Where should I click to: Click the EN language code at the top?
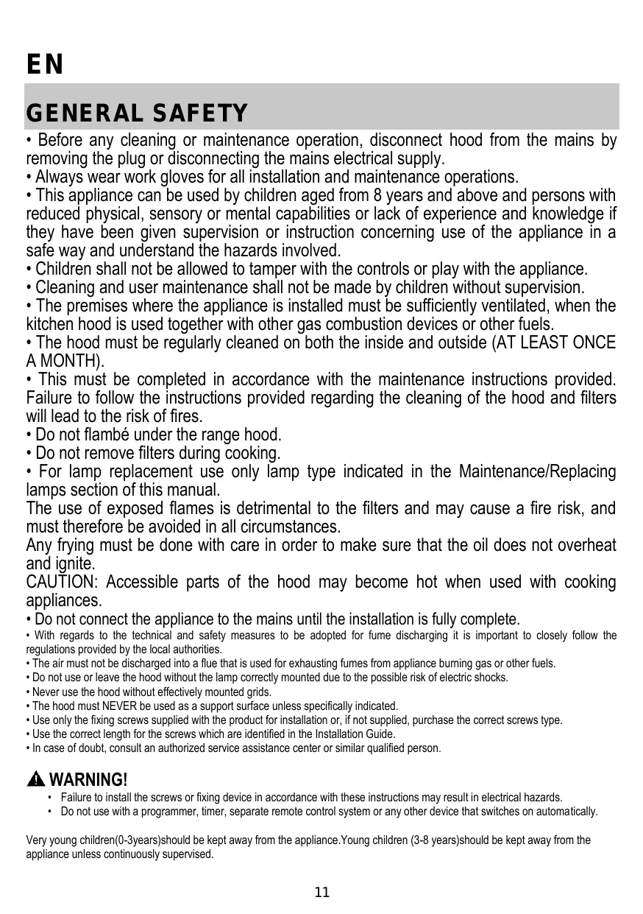[45, 65]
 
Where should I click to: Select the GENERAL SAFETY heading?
[137, 114]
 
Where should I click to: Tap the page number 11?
[322, 893]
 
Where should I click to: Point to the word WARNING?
[92, 780]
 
